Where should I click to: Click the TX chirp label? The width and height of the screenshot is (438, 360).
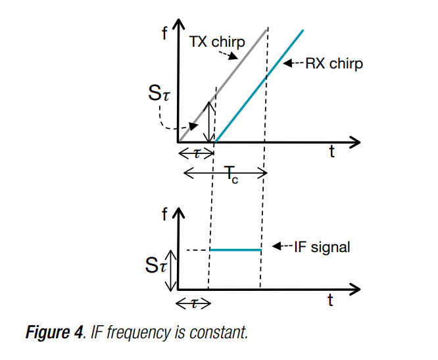click(217, 42)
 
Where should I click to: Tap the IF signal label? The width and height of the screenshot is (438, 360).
click(322, 247)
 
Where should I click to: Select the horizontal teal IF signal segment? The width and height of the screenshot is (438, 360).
click(235, 250)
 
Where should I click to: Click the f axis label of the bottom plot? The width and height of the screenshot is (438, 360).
click(164, 214)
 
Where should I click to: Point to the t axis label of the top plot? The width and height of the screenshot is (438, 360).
click(332, 153)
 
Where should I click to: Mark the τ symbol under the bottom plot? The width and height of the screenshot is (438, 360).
click(193, 303)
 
